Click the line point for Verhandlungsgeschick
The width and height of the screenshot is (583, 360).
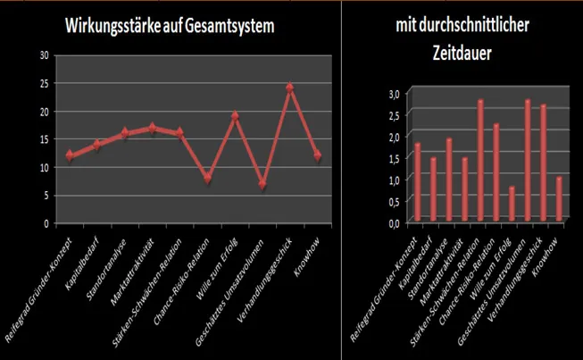(289, 88)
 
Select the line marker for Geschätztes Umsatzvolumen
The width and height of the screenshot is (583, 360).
(262, 184)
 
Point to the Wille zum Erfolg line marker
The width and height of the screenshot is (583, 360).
(235, 115)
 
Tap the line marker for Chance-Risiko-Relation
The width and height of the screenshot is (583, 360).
(207, 178)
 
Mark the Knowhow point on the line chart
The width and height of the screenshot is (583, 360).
(317, 155)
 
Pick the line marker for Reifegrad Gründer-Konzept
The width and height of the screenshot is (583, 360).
(70, 155)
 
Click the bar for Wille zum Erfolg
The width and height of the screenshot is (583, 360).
(512, 204)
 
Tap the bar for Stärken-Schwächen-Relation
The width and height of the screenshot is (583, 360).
(480, 161)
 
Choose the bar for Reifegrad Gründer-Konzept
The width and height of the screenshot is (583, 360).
(417, 182)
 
